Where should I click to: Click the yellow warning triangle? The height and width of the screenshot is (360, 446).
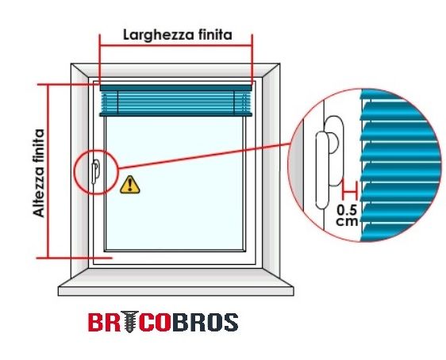pos(129,185)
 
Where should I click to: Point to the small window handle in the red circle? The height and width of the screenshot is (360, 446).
pos(95,171)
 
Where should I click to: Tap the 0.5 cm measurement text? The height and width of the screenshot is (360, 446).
pos(347,216)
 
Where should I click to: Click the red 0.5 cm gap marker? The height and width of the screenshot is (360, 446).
pos(350,192)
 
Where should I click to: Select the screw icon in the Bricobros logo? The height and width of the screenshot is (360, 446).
pos(129,322)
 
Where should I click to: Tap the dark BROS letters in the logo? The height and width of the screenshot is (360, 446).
pos(205,322)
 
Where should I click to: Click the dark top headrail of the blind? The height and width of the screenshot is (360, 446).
pos(176,88)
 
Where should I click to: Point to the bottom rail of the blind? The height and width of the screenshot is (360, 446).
pos(176,114)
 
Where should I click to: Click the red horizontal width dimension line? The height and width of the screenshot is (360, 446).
pos(176,45)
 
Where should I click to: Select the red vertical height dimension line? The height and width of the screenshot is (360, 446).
pos(48,171)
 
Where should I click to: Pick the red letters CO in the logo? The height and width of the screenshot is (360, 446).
pos(155,322)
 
